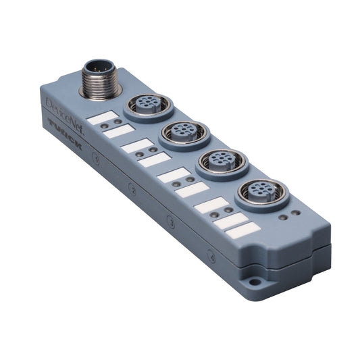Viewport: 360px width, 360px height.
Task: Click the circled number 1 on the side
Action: click(96, 159)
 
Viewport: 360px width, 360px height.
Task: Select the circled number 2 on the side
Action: click(133, 191)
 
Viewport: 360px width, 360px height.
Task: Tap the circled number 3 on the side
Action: click(171, 222)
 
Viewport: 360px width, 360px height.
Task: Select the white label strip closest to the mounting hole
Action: click(244, 230)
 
